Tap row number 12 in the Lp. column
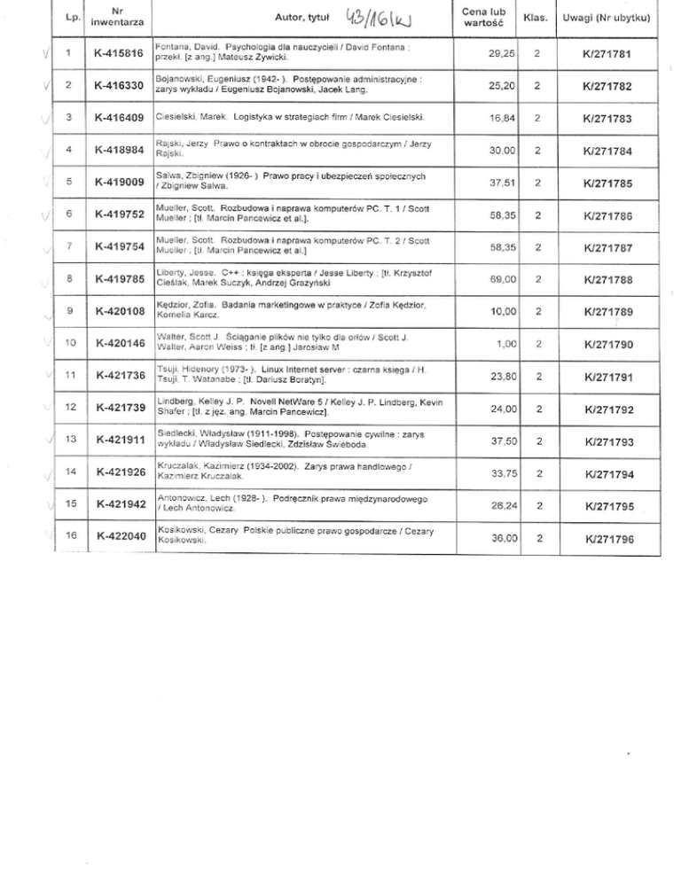point(67,406)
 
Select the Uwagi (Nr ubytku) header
point(611,18)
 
